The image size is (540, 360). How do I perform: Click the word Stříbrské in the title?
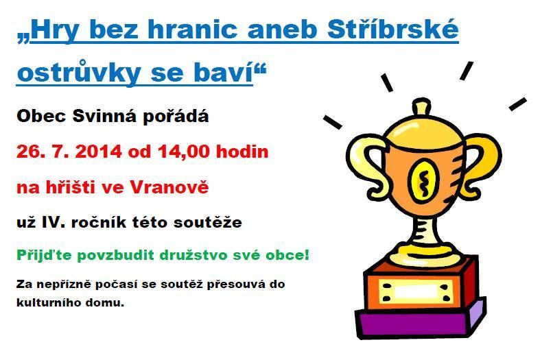393,29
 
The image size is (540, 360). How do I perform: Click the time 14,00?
184,152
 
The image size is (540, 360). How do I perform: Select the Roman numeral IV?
54,223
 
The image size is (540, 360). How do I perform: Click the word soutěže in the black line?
208,222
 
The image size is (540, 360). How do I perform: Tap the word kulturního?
51,303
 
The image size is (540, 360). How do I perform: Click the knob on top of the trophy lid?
421,107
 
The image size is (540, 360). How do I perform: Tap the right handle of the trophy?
482,166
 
